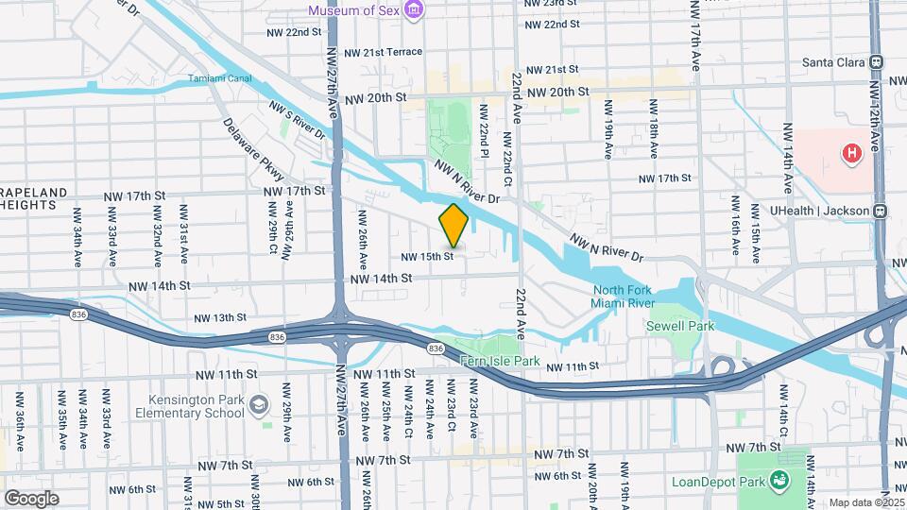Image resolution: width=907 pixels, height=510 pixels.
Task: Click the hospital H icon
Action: click(x=852, y=152)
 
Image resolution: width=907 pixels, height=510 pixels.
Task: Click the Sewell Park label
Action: click(x=680, y=326)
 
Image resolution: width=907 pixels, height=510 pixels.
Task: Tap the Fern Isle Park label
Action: click(x=500, y=361)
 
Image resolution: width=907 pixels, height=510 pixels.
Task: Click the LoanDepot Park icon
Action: click(x=779, y=480)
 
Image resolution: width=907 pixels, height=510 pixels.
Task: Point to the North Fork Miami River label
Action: click(x=623, y=296)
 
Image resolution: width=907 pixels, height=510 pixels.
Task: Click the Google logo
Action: click(x=31, y=498)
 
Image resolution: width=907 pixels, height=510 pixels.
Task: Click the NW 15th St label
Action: click(x=428, y=256)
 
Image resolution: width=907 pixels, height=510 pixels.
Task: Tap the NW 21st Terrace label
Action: click(x=383, y=52)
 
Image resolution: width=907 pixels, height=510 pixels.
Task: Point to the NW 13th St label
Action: click(x=219, y=318)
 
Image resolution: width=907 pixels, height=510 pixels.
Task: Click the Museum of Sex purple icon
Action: click(x=412, y=10)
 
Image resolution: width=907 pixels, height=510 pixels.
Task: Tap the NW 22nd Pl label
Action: click(x=483, y=131)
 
